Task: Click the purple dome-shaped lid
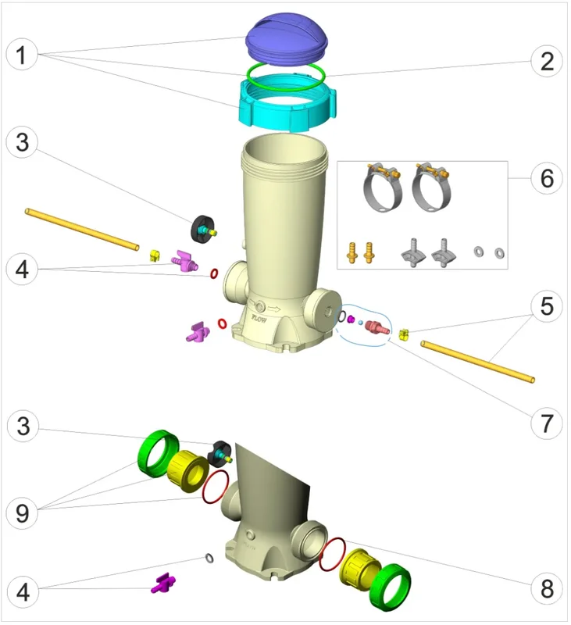[287, 37]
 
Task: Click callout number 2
[547, 62]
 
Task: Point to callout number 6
[547, 178]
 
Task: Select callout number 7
[547, 423]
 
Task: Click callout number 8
[547, 589]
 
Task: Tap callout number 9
[23, 513]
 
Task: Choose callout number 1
[22, 55]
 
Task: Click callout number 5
[547, 306]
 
